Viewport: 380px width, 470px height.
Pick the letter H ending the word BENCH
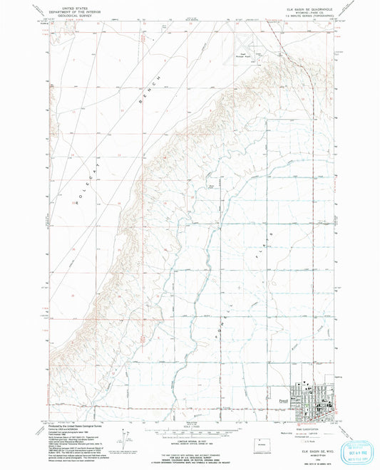coord(159,75)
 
